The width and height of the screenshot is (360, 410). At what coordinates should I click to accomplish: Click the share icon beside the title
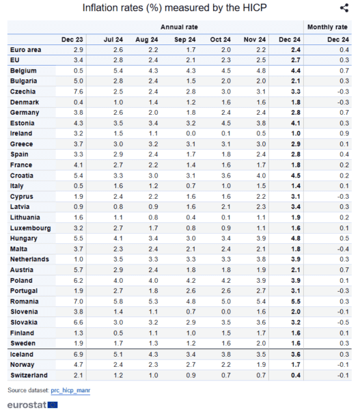344,8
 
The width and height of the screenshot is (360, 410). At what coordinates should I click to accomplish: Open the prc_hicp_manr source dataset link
70,390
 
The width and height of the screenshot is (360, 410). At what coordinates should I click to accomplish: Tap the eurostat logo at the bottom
32,405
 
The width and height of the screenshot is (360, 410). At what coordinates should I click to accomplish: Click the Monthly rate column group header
327,27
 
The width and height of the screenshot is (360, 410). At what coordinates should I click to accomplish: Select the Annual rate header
179,27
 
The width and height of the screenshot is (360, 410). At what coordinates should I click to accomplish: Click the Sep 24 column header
185,40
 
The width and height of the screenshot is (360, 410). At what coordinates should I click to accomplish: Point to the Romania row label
25,301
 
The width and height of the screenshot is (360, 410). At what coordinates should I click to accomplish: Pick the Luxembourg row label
30,228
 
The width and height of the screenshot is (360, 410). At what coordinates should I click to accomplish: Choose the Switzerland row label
29,375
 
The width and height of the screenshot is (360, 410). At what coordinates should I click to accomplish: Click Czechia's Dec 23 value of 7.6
79,92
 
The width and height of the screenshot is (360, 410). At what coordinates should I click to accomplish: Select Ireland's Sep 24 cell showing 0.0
191,133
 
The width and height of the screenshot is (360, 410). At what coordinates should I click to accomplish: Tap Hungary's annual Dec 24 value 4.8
296,238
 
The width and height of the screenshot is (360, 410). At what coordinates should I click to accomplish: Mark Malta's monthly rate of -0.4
343,249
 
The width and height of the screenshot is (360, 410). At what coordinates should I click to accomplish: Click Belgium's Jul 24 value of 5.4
118,70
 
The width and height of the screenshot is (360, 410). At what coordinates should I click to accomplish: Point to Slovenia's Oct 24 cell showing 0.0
226,312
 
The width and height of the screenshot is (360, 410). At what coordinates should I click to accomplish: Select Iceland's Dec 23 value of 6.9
79,354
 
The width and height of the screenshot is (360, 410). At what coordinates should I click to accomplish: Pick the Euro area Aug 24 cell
153,50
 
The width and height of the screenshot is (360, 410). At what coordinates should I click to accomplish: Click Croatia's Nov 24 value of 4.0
261,176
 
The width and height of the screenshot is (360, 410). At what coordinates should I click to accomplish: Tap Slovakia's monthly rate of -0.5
343,323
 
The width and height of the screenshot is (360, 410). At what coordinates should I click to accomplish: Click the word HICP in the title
255,8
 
